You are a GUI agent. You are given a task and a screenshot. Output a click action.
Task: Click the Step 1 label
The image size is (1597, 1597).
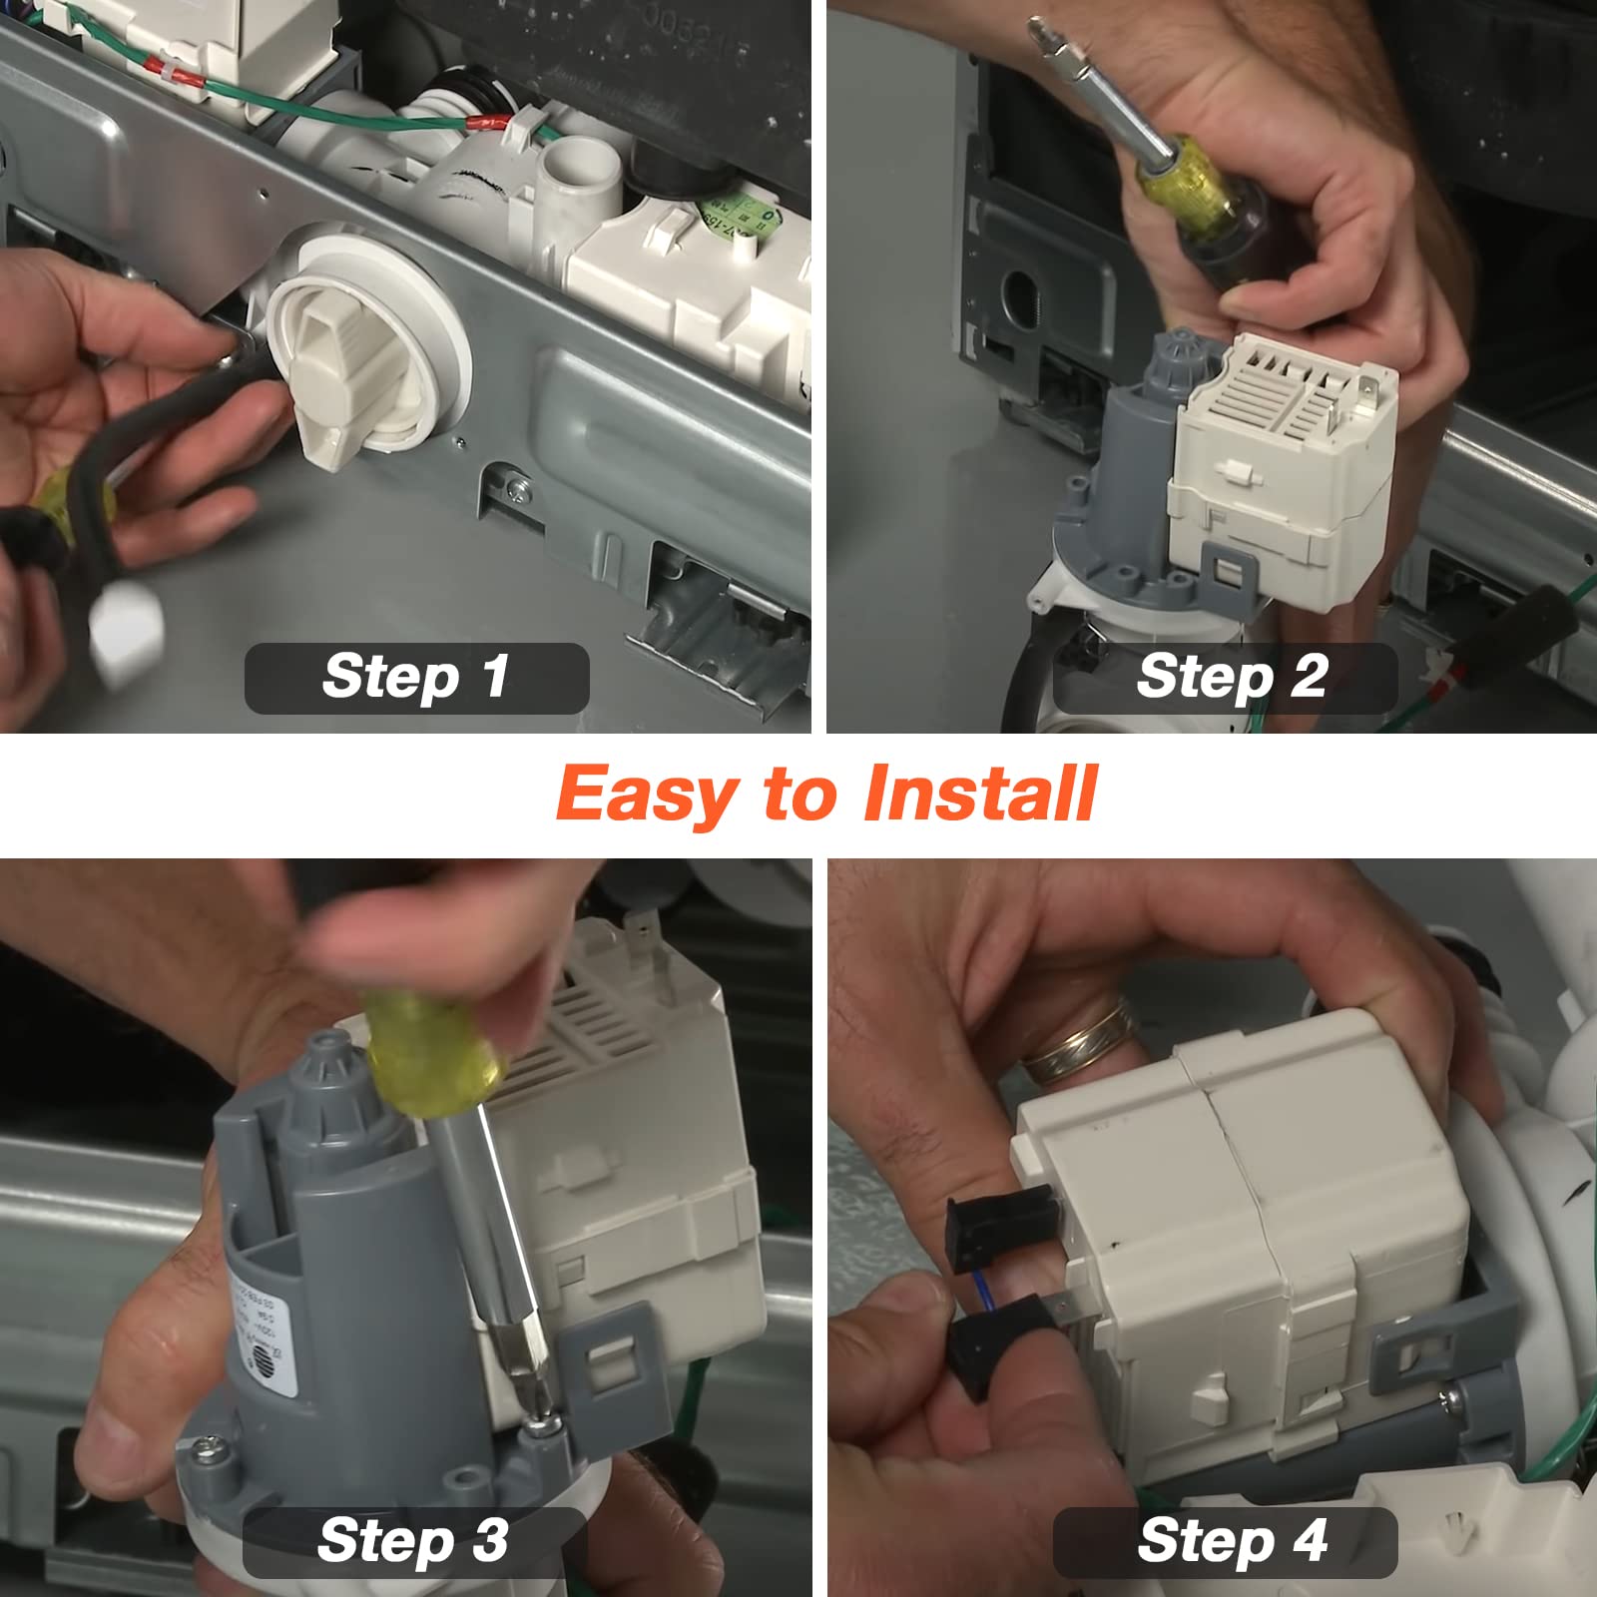coord(416,678)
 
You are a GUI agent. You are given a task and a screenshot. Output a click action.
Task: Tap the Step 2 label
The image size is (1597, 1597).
coord(1231,678)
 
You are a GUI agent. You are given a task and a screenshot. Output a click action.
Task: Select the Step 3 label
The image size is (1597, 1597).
coord(413,1540)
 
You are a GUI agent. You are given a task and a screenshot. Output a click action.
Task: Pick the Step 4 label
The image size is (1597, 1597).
coord(1232,1540)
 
